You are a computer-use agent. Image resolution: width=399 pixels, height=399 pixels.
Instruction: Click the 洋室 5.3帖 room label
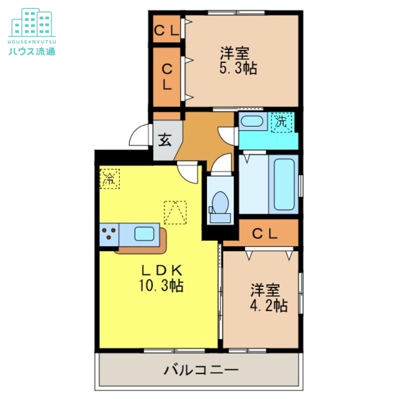pos(238,60)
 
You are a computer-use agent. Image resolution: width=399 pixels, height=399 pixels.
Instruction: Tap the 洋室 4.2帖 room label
pos(269,298)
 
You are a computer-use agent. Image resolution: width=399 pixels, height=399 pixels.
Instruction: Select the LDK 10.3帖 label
pos(161,278)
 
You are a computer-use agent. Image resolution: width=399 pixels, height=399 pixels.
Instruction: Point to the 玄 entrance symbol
pos(165,140)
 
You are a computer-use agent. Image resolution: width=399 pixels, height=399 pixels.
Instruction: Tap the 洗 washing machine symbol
pos(281,121)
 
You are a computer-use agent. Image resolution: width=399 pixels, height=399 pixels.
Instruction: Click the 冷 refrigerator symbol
pos(109,179)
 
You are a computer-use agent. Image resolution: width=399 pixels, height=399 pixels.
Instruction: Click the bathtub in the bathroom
pos(285,185)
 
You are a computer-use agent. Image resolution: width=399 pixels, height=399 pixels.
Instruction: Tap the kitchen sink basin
pos(145,232)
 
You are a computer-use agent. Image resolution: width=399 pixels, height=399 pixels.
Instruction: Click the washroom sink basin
pos(253,121)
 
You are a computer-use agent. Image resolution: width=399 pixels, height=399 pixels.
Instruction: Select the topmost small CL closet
pos(167,30)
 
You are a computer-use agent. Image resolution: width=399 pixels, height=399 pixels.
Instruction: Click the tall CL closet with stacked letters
pos(167,76)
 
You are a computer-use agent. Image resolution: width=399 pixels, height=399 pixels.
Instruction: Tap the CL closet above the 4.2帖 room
pos(264,233)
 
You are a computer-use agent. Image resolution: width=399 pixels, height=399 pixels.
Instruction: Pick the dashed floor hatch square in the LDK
pos(175,212)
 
